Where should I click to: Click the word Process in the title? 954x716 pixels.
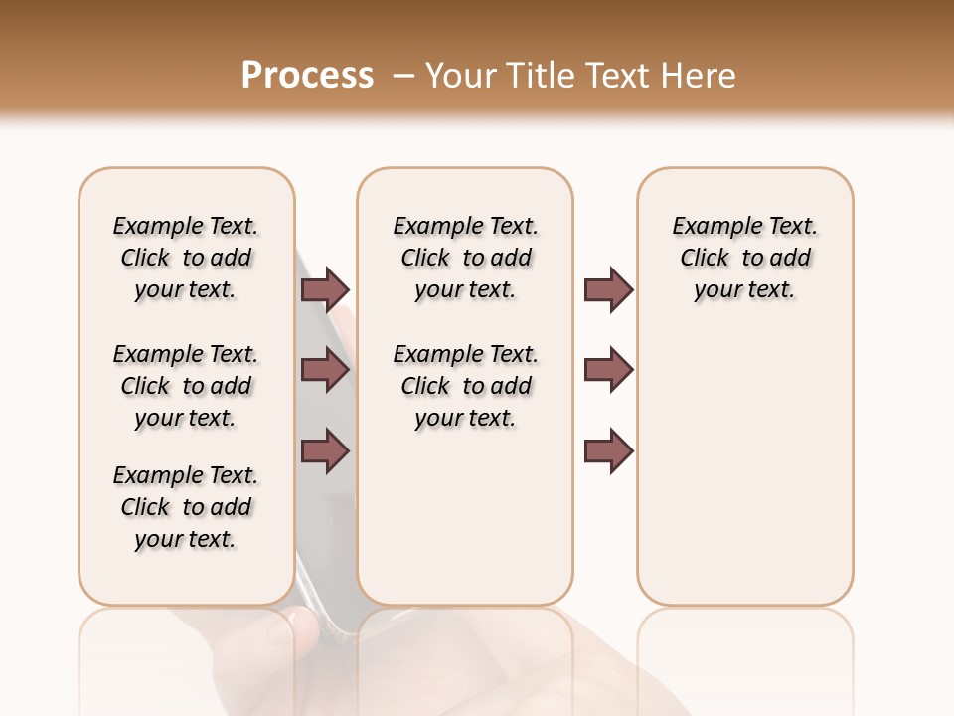(307, 76)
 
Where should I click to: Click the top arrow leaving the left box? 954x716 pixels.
(325, 289)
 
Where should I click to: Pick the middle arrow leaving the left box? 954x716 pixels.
(325, 370)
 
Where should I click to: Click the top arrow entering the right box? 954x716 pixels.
(608, 289)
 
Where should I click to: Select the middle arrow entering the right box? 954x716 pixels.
(608, 370)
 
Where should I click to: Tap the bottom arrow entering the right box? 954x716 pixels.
(608, 451)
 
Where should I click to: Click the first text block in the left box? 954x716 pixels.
(186, 258)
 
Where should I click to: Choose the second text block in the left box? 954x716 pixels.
(186, 386)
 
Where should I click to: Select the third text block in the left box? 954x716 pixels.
(186, 507)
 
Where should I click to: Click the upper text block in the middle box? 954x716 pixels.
(465, 258)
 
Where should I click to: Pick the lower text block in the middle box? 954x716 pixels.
(465, 386)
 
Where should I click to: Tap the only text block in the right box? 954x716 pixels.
(744, 258)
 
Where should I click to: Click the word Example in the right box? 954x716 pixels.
(711, 227)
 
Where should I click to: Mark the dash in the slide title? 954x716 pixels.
(403, 76)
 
